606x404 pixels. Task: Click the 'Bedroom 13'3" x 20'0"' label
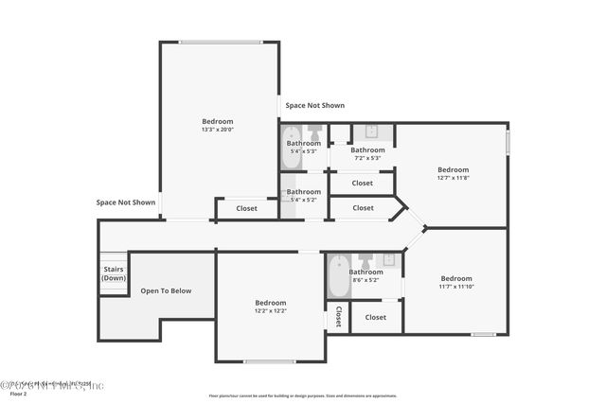(x=218, y=125)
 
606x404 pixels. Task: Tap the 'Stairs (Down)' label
(x=114, y=273)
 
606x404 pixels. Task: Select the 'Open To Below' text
(x=166, y=290)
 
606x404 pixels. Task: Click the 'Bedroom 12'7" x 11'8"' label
(x=453, y=173)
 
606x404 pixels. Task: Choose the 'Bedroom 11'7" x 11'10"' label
(x=455, y=282)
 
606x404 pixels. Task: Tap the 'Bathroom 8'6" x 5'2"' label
(x=365, y=275)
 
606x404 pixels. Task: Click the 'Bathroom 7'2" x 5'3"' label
(x=367, y=153)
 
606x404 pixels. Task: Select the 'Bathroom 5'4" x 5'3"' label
(x=304, y=147)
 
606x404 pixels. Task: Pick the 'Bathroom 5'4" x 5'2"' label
(x=304, y=195)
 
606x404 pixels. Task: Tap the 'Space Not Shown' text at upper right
(x=315, y=105)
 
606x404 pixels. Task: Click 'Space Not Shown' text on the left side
(x=126, y=202)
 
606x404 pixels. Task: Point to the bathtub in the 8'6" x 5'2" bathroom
(x=338, y=276)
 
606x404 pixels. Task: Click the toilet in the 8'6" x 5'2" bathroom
(x=365, y=259)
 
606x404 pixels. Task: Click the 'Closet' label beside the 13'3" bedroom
(x=246, y=208)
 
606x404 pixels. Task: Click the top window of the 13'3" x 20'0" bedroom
(x=219, y=42)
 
